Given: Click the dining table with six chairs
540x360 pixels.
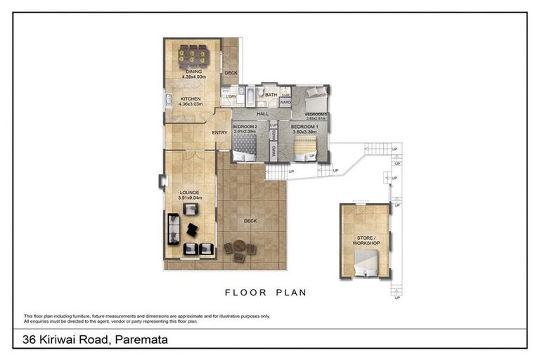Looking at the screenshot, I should pyautogui.click(x=191, y=55).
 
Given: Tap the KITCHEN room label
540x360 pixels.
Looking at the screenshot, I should pyautogui.click(x=191, y=98).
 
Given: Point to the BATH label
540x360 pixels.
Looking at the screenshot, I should pyautogui.click(x=270, y=94).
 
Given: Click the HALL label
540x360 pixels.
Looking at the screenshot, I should pyautogui.click(x=263, y=113).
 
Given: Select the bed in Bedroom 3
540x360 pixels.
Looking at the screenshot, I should pyautogui.click(x=314, y=98).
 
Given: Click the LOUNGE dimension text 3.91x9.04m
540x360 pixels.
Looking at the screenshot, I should pyautogui.click(x=190, y=198).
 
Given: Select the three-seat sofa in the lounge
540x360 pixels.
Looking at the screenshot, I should pyautogui.click(x=174, y=229).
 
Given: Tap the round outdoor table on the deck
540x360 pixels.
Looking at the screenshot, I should pyautogui.click(x=240, y=247).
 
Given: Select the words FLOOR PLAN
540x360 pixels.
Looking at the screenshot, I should pyautogui.click(x=265, y=292).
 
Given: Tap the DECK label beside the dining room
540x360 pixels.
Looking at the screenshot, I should pyautogui.click(x=231, y=72).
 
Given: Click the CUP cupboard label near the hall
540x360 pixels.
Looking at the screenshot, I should pyautogui.click(x=274, y=125).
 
